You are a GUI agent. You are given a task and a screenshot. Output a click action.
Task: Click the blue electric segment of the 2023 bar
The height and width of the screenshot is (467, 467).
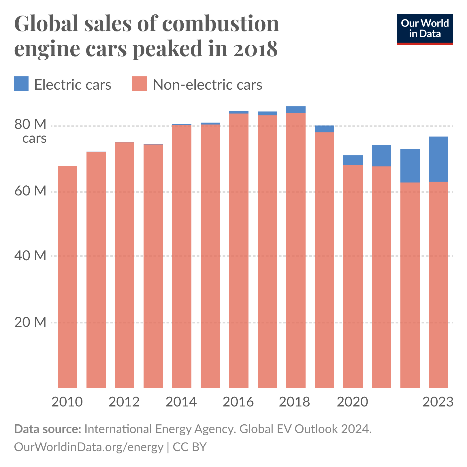438,159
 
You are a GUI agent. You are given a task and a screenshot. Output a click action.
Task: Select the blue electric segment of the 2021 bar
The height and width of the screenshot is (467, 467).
381,155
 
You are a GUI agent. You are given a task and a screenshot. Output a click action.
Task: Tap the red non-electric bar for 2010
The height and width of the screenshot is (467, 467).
67,277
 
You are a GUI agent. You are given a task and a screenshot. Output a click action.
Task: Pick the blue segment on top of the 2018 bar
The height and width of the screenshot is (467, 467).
296,110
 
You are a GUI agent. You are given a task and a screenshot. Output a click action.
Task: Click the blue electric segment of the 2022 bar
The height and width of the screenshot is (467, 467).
410,166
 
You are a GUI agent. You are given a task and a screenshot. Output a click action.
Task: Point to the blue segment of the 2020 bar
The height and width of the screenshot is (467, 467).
353,160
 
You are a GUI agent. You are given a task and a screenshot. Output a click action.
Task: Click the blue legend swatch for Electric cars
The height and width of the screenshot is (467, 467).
21,84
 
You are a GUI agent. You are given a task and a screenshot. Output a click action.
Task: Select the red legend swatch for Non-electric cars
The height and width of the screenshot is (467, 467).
140,84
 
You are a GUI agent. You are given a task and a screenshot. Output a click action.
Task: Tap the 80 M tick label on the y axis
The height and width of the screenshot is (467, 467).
31,125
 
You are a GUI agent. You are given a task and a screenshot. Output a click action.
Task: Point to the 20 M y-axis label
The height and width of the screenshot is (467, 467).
31,322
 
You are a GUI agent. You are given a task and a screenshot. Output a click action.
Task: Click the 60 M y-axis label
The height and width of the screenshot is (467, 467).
31,191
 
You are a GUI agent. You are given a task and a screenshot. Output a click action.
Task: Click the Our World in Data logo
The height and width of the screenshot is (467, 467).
425,29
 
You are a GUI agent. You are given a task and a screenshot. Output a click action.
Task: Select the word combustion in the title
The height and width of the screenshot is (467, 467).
221,24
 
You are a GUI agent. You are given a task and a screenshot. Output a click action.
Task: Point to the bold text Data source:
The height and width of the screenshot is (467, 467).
48,429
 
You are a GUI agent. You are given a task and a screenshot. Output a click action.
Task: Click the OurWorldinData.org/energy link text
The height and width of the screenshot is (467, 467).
88,447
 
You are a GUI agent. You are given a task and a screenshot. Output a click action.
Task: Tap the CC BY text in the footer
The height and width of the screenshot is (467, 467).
190,447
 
